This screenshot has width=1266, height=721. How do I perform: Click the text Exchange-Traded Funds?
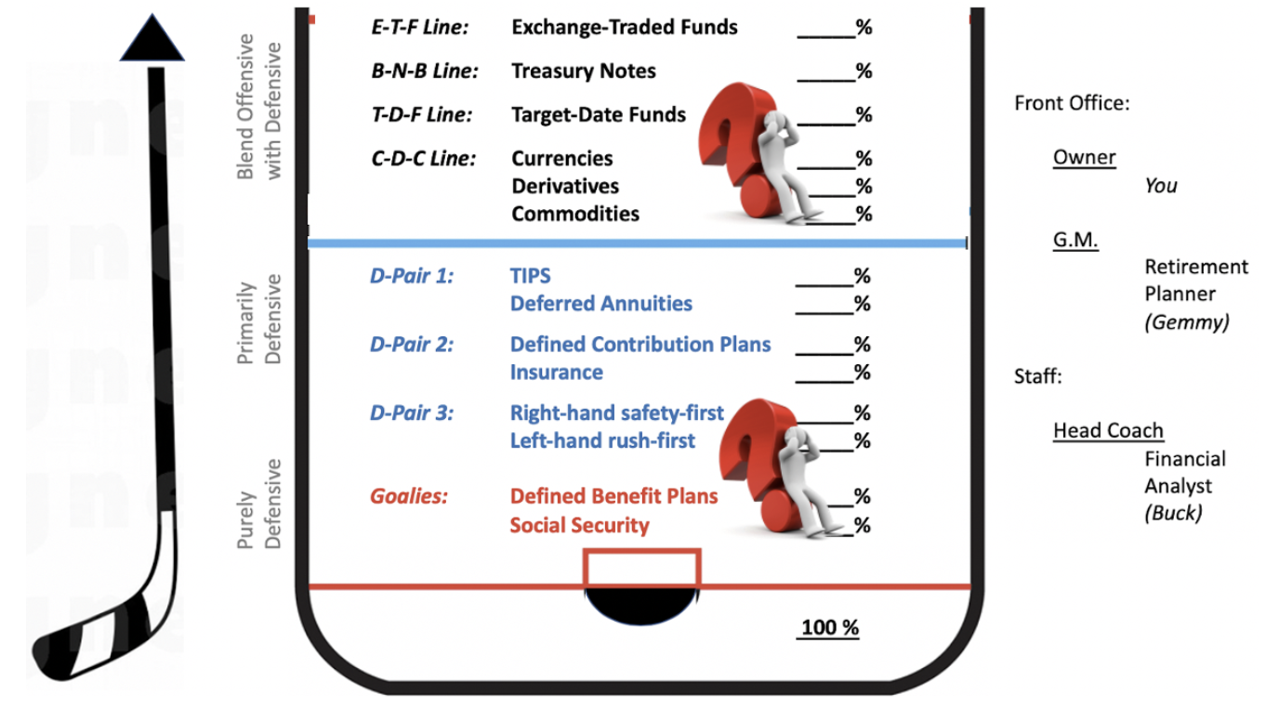[624, 28]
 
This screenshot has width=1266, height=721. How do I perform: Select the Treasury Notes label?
[583, 72]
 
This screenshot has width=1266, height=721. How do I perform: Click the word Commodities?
[575, 214]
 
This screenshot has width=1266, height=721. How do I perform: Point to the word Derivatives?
[564, 186]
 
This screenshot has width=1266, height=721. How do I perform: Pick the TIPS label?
[530, 276]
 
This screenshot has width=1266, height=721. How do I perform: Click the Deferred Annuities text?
[600, 304]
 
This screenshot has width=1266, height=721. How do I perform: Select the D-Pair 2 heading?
[412, 345]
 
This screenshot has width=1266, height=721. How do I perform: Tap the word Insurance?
[556, 373]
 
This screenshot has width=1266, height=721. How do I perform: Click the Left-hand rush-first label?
[601, 440]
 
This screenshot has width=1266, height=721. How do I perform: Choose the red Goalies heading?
[409, 496]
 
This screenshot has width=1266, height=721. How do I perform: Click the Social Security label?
[579, 526]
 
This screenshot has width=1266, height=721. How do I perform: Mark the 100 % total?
[830, 628]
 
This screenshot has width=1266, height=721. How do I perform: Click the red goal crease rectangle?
[641, 568]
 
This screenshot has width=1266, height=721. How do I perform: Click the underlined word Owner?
[1084, 157]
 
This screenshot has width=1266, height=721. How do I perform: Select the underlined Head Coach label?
[1108, 430]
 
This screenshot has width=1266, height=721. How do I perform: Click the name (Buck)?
[1173, 513]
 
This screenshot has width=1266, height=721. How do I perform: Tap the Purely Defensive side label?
[256, 504]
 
